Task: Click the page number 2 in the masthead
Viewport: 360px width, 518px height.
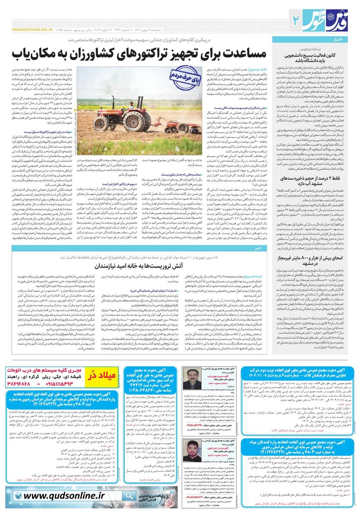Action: (297, 19)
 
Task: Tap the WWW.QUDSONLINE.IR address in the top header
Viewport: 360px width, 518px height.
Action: (29, 30)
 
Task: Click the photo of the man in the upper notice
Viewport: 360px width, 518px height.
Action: (190, 379)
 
